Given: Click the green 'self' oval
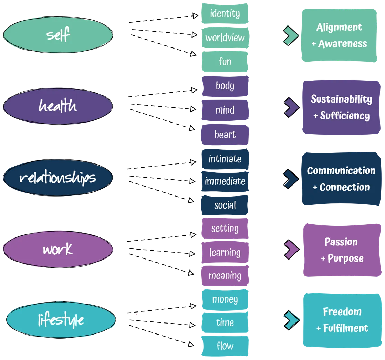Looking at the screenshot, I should pos(58,35).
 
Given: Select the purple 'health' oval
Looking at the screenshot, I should pos(58,106).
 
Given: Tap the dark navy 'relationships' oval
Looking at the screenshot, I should pos(58,178).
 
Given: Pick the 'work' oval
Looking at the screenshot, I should pos(58,249).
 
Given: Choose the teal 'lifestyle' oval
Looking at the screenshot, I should pos(61,320).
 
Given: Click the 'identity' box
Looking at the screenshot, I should pos(225,14).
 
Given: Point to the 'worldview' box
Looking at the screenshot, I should pos(225,37).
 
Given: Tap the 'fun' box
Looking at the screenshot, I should pos(225,61).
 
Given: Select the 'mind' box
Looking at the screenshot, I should pos(225,110).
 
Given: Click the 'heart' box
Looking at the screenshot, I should pos(225,135).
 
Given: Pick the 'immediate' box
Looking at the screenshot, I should pos(225,181).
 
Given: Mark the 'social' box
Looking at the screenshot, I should pos(225,205).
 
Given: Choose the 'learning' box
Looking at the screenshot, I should pos(225,253).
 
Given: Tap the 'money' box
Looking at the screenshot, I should pos(225,299).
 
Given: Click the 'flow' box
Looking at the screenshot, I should pos(225,346).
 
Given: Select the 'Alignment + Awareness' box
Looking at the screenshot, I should pos(339,35).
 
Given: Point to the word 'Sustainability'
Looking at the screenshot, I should pos(341,99).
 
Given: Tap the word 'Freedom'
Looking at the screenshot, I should pos(342,312).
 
